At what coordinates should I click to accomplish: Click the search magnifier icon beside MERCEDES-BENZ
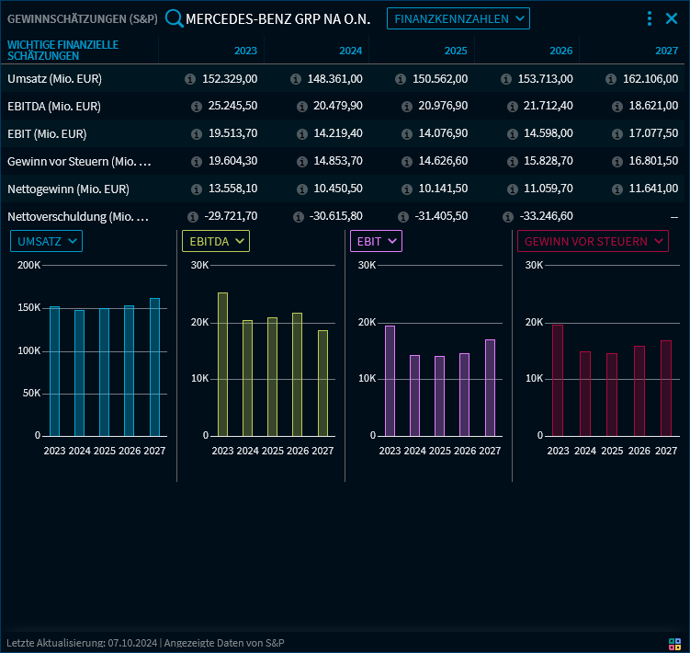click(x=174, y=18)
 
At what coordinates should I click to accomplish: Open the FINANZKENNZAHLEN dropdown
click(x=458, y=18)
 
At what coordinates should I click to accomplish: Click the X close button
click(x=672, y=18)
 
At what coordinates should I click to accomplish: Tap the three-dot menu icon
click(x=650, y=18)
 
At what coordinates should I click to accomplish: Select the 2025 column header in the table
click(x=457, y=51)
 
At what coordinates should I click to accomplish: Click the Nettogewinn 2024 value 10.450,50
click(x=338, y=189)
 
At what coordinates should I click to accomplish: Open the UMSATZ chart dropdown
click(x=46, y=241)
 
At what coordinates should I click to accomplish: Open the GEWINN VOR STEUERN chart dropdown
click(x=594, y=241)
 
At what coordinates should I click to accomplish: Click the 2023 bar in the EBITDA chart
click(x=222, y=364)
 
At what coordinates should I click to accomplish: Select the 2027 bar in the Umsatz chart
click(x=154, y=367)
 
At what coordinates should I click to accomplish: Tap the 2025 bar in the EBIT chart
click(x=440, y=396)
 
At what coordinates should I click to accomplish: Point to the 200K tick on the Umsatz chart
click(x=28, y=266)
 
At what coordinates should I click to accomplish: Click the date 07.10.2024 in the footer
click(x=133, y=643)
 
